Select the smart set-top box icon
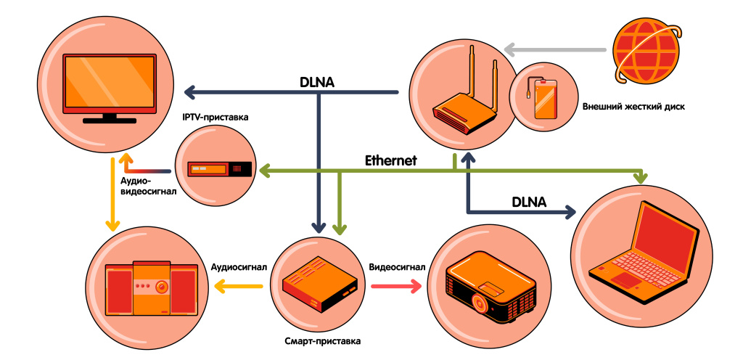[319, 280]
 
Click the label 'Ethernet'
[390, 160]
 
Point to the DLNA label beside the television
[316, 82]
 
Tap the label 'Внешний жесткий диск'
[633, 107]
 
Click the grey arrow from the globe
[555, 50]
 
